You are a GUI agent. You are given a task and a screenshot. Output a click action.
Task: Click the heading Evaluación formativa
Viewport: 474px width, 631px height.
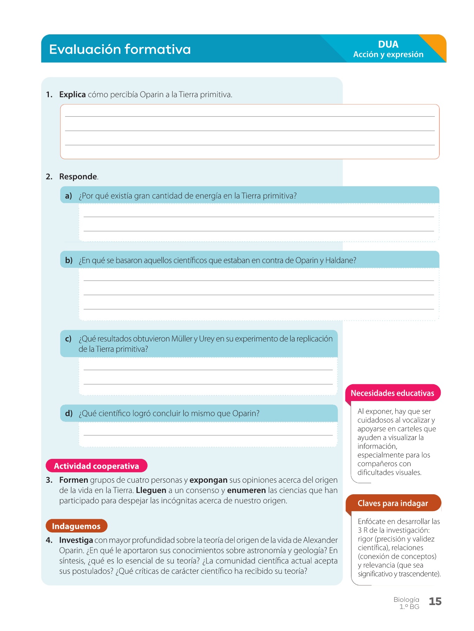120,49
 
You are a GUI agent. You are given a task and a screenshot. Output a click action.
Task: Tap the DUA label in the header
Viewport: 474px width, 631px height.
388,45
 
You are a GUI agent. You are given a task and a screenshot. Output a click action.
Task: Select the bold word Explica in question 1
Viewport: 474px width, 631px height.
72,95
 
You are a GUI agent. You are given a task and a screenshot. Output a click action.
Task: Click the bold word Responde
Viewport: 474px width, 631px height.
78,177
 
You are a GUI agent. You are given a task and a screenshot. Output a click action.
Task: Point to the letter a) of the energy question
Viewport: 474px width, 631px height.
68,196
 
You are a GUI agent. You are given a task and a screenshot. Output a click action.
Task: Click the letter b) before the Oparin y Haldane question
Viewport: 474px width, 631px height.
69,260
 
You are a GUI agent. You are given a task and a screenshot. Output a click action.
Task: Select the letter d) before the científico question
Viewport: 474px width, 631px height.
69,413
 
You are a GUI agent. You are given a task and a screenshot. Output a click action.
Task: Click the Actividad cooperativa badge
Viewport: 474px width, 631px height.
96,466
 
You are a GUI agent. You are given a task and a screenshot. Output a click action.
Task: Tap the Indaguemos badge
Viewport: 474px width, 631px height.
76,526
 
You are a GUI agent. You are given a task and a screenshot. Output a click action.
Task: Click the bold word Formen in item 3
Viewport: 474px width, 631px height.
74,480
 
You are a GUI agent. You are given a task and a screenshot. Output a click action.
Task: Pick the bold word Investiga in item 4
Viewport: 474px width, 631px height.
76,540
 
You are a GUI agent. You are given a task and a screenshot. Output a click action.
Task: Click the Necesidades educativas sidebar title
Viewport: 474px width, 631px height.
392,393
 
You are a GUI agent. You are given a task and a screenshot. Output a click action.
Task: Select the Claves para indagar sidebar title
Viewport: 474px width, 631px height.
393,503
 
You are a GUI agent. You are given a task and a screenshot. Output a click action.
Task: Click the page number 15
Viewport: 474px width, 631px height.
435,602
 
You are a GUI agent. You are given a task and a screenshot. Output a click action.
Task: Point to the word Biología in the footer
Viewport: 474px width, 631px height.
406,599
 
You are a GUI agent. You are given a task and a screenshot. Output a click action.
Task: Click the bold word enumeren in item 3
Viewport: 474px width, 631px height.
246,490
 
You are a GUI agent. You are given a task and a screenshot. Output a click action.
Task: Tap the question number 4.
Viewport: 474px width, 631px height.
49,540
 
